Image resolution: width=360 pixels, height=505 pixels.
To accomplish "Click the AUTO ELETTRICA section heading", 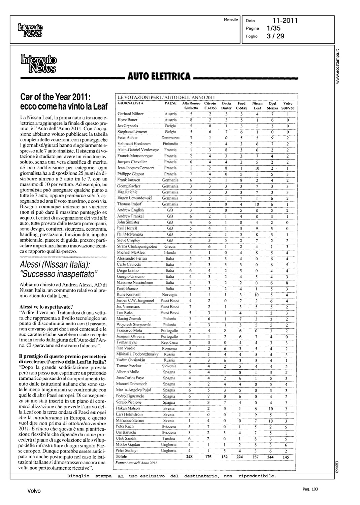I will tap(159, 76).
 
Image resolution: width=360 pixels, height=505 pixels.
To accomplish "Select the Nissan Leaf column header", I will tap(257, 106).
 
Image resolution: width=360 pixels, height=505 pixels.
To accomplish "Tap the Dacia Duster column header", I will tap(226, 106).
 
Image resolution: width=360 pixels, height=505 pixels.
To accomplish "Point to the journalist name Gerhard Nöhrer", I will tap(130, 114).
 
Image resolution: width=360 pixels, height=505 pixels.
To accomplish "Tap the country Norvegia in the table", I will tap(169, 294).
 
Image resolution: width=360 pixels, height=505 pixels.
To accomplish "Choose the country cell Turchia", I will tap(169, 438).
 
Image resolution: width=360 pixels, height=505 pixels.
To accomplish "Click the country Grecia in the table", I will tap(169, 246).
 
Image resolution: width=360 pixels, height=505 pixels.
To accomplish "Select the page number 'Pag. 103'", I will tap(310, 489).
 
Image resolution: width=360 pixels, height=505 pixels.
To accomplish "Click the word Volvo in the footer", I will tap(34, 491).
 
